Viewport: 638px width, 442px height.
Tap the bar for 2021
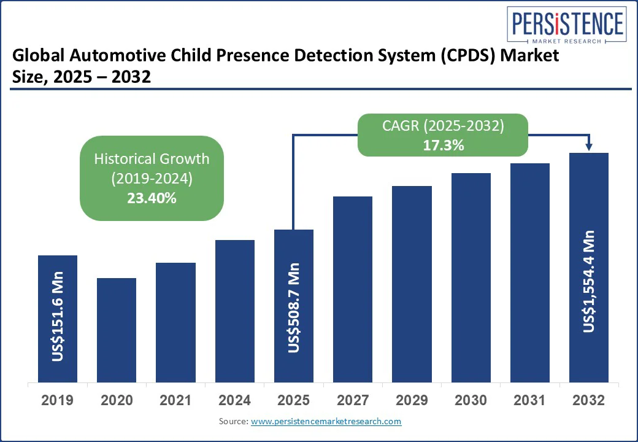click(x=175, y=322)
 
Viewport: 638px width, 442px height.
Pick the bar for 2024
click(x=234, y=311)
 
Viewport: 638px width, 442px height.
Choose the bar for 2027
click(x=352, y=289)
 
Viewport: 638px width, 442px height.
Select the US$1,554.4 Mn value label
click(x=589, y=282)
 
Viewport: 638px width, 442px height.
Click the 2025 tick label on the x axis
click(x=293, y=400)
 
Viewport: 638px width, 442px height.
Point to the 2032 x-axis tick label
click(x=589, y=400)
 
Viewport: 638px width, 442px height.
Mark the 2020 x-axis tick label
click(x=117, y=400)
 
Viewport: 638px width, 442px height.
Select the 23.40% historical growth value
click(x=152, y=198)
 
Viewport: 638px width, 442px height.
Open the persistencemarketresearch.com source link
click(x=326, y=422)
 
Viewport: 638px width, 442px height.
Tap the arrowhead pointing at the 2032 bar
click(x=589, y=146)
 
